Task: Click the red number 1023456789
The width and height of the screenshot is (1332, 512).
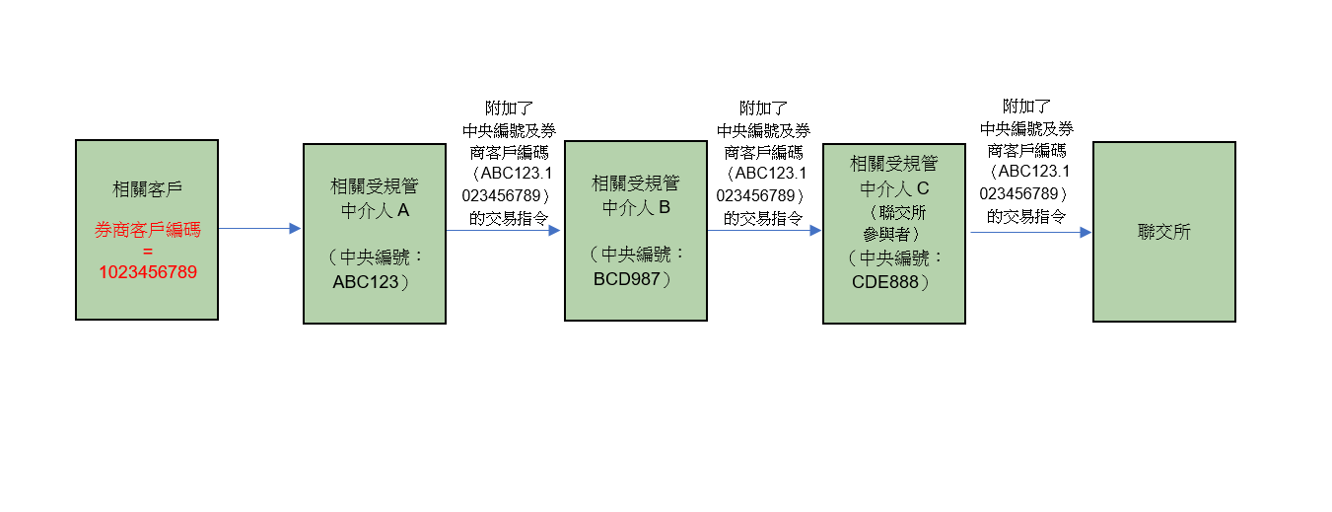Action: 147,271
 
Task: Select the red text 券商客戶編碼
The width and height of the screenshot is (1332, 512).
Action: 147,231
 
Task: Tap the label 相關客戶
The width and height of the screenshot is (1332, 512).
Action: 147,188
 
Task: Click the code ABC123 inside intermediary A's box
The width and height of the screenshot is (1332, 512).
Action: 366,281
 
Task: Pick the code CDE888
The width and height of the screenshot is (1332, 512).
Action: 885,281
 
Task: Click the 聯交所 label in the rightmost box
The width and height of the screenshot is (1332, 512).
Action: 1163,233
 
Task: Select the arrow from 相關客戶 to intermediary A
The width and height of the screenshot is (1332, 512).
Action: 259,229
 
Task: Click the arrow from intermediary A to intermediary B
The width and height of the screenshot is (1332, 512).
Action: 503,230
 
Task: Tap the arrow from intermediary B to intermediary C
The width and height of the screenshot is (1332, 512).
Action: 764,230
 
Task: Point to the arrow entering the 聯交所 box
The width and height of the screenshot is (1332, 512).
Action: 1030,233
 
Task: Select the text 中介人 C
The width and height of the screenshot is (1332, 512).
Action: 894,188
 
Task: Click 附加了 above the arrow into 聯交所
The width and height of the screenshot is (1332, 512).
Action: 1026,106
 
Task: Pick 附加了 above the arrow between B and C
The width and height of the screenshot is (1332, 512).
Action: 763,108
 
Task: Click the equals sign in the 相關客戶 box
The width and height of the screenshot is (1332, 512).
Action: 147,251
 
